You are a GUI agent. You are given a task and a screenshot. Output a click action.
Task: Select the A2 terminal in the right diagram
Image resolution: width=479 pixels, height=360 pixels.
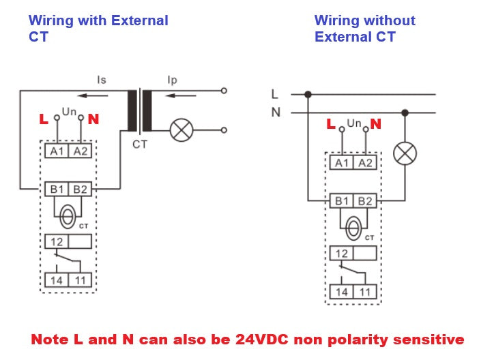366,162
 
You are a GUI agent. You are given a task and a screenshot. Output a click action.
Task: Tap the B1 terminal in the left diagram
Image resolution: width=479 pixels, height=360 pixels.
57,189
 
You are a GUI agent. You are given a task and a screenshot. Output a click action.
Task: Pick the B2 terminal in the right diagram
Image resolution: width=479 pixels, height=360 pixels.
366,200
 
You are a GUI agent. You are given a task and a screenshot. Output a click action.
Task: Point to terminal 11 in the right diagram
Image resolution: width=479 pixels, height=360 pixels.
366,291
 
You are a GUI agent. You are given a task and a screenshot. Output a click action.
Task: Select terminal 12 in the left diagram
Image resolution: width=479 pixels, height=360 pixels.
57,241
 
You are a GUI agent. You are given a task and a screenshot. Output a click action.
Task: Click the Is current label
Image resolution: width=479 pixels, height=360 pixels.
102,80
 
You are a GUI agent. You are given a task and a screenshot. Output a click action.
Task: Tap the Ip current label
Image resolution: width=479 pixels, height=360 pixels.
173,80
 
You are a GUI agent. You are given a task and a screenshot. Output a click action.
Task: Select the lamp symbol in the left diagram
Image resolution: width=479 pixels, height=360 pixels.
181,130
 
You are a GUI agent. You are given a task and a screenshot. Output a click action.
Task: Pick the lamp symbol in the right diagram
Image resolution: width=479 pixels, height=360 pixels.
405,153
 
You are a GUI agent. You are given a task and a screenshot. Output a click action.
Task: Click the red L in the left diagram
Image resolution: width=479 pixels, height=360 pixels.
44,119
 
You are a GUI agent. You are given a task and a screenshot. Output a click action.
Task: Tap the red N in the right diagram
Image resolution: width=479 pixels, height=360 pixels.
375,124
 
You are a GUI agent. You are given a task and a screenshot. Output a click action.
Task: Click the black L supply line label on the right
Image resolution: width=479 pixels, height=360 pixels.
274,94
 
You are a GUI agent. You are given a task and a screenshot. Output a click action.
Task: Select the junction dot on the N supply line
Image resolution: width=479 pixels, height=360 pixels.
405,112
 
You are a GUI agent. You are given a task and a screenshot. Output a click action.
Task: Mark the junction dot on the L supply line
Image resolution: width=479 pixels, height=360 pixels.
308,94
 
